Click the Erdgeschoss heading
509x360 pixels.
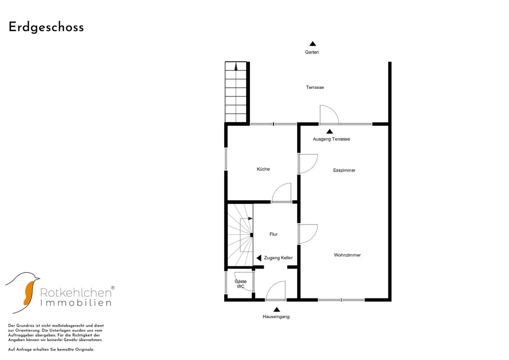coord(46,27)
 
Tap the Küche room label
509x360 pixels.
coord(263,169)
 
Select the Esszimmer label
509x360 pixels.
coord(344,170)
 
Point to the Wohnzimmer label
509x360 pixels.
coord(347,255)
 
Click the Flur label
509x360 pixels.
coord(273,234)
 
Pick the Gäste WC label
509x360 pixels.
coord(240,284)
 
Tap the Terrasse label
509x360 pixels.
coord(315,87)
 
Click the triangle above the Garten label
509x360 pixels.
coord(313,44)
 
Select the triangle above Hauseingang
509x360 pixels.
coord(277,309)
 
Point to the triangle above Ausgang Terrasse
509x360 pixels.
coord(329,131)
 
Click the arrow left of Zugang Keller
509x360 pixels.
coord(259,258)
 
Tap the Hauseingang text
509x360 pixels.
coord(276,317)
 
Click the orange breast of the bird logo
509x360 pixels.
coord(29,293)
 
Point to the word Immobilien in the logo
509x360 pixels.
coord(76,303)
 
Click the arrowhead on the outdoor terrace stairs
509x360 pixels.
coord(236,67)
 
